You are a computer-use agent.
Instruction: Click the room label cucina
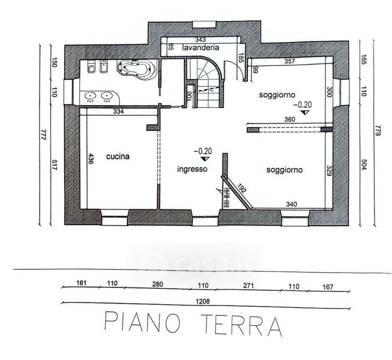point(118,157)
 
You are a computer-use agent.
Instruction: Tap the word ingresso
point(192,169)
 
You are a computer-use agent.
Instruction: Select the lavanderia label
point(201,47)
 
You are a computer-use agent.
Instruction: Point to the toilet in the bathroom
point(92,67)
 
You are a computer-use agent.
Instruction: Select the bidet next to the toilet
point(104,67)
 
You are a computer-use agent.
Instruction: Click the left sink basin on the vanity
point(90,95)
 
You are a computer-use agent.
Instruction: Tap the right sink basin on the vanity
point(106,95)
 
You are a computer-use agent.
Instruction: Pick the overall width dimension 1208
point(203,302)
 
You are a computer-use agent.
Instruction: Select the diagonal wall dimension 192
point(241,188)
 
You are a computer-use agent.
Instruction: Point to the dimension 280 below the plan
point(158,284)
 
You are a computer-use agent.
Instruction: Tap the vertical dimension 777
point(43,134)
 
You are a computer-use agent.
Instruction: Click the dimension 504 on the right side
point(364,164)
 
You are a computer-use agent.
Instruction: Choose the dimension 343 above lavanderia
point(201,40)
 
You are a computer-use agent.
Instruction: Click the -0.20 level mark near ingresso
point(203,151)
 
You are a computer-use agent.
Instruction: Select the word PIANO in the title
point(142,323)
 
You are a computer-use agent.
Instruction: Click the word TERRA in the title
point(242,325)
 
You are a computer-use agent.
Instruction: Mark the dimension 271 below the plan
point(249,286)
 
